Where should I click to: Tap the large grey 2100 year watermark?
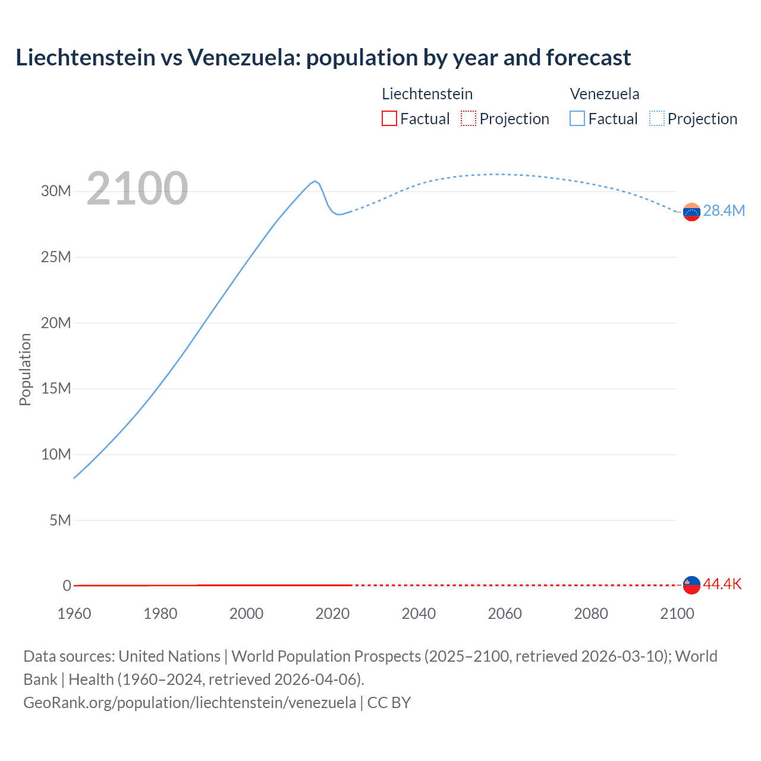[137, 188]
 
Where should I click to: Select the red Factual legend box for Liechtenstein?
[389, 119]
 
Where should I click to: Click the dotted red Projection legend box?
[468, 119]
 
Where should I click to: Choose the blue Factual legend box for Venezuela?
[577, 119]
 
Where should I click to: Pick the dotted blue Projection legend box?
[656, 119]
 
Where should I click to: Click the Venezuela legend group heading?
[605, 94]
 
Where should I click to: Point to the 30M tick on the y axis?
[56, 191]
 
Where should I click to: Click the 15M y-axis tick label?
[56, 389]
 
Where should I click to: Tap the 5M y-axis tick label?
[59, 520]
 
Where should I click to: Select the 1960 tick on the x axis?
[74, 614]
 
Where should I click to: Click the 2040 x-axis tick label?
[419, 614]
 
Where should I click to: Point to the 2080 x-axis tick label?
[591, 614]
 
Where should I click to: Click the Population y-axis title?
[25, 369]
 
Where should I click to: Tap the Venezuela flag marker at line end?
[691, 212]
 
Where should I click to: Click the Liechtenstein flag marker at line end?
[691, 585]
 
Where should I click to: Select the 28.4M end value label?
[724, 211]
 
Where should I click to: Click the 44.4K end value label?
[722, 584]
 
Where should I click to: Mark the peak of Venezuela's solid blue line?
[315, 181]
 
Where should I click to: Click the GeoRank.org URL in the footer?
[190, 703]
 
